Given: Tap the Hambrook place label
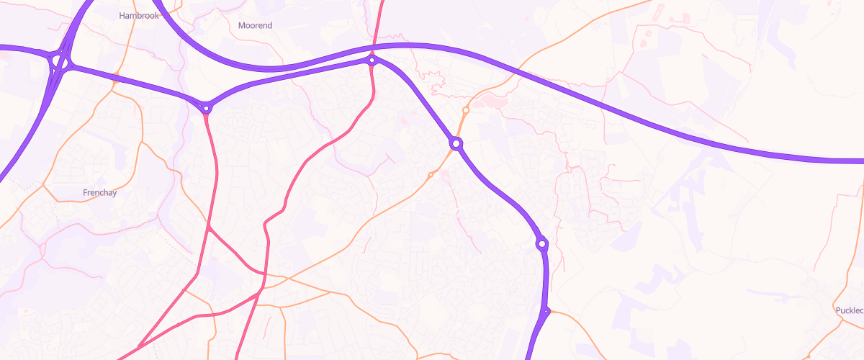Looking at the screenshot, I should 138,14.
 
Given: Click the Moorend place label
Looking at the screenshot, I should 255,25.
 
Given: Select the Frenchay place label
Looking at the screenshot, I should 99,193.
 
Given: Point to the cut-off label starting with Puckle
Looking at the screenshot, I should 848,310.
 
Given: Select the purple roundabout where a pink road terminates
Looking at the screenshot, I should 207,109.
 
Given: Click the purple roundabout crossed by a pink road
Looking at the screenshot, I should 372,60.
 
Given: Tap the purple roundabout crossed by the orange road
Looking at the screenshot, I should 456,144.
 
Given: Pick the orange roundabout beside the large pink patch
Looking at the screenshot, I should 467,110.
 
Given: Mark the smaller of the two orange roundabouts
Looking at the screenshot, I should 431,175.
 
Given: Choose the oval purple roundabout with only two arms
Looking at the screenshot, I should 542,243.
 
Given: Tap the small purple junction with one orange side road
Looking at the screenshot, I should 547,311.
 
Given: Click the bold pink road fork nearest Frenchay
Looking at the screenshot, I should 208,228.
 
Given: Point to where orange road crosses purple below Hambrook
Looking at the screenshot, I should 116,75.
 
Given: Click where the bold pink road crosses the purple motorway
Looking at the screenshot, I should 375,47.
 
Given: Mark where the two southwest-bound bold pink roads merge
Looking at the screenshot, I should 258,294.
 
